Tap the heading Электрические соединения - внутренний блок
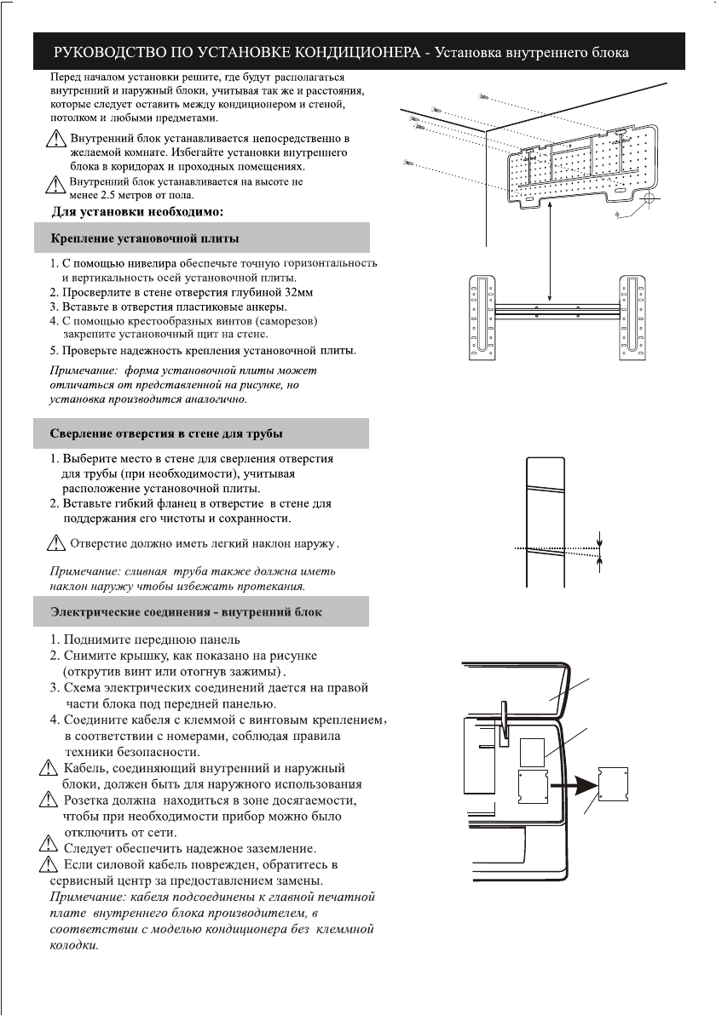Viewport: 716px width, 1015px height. pyautogui.click(x=186, y=611)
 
